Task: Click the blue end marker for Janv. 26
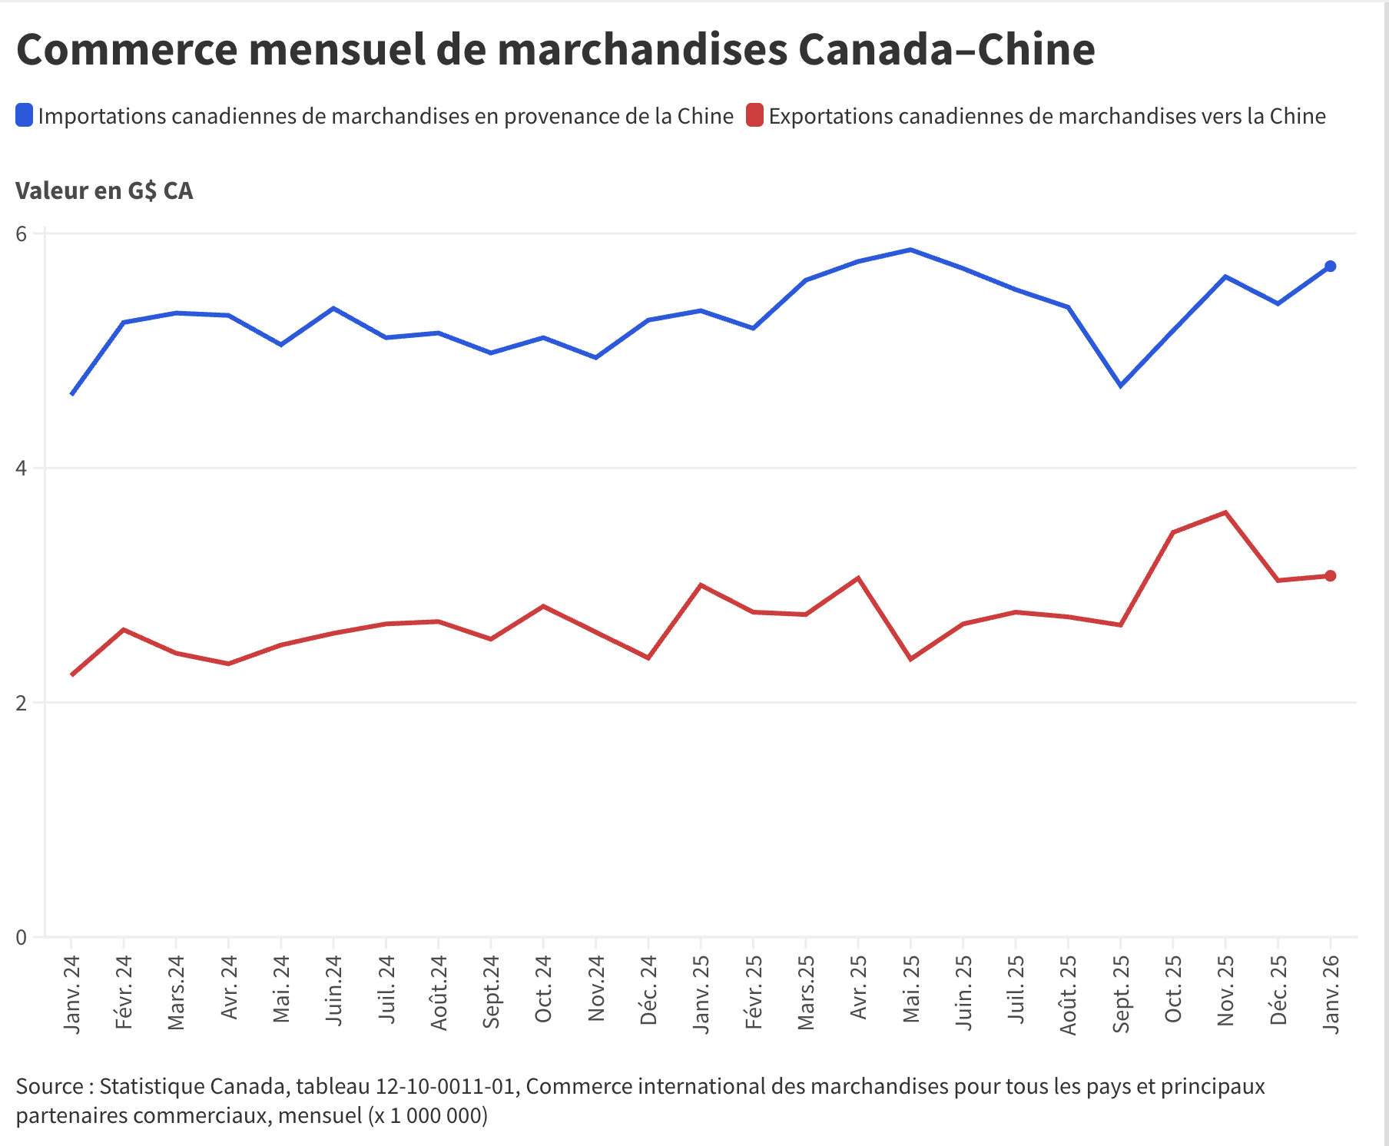pyautogui.click(x=1330, y=267)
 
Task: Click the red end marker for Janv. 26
pyautogui.click(x=1330, y=576)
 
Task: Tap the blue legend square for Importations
pyautogui.click(x=25, y=116)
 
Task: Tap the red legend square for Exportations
pyautogui.click(x=754, y=116)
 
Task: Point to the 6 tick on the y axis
pyautogui.click(x=21, y=234)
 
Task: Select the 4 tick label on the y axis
pyautogui.click(x=21, y=468)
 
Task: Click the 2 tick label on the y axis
pyautogui.click(x=21, y=703)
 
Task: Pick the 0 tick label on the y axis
pyautogui.click(x=21, y=937)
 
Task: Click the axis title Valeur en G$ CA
pyautogui.click(x=104, y=190)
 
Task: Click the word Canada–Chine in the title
pyautogui.click(x=946, y=50)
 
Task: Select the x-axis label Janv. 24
pyautogui.click(x=71, y=994)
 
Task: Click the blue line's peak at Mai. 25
pyautogui.click(x=910, y=250)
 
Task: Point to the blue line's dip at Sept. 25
pyautogui.click(x=1121, y=386)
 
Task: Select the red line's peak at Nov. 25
pyautogui.click(x=1225, y=512)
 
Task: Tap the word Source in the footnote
pyautogui.click(x=50, y=1087)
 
